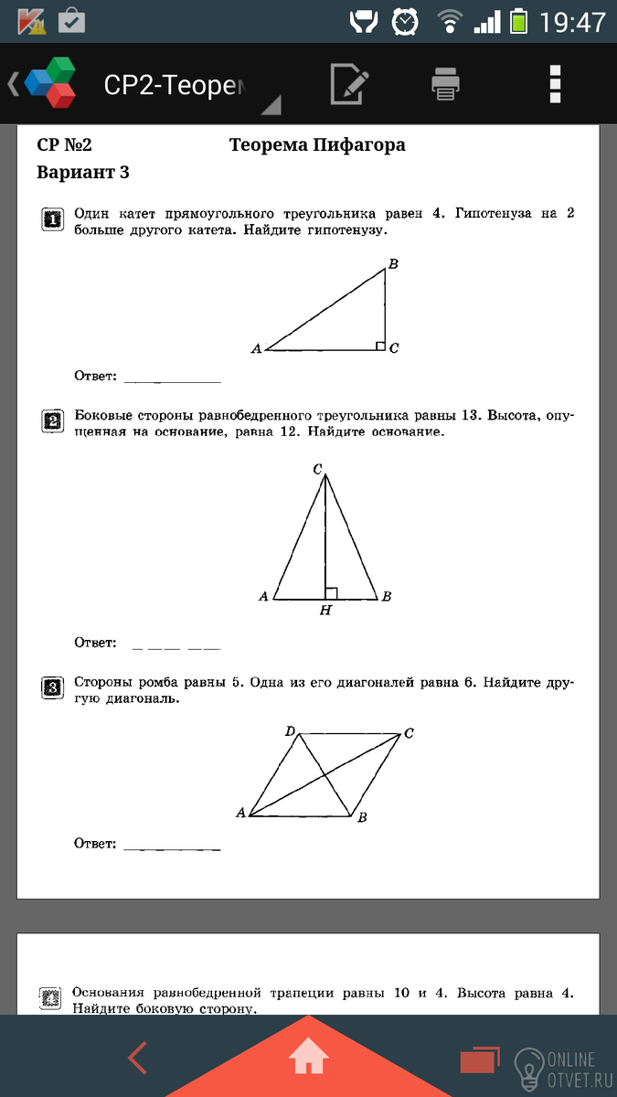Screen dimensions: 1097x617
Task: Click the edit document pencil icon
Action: [x=349, y=84]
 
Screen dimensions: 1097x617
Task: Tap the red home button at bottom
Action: [x=308, y=1060]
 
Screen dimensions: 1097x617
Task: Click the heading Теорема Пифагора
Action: [x=317, y=145]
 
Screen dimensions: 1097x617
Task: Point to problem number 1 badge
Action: [x=53, y=219]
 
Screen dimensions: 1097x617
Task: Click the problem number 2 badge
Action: [x=53, y=421]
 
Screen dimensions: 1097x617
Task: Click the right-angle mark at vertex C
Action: [x=379, y=346]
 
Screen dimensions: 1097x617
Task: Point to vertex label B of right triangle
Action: [x=392, y=264]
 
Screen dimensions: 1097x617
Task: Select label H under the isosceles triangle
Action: [x=325, y=611]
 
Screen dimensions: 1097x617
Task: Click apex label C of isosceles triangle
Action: [x=317, y=469]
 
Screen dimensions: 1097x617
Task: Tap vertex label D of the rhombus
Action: [x=290, y=731]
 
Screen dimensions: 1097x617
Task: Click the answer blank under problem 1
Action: [x=172, y=378]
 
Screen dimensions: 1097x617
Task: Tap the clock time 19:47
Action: [x=573, y=21]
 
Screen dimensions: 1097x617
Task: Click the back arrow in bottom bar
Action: [x=138, y=1059]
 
